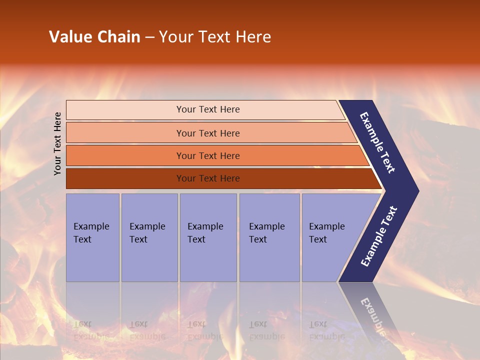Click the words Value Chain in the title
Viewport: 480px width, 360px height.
coord(94,37)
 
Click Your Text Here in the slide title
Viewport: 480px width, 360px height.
coord(215,37)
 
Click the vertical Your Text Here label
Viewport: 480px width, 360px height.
coord(58,143)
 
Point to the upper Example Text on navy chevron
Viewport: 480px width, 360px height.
coord(377,142)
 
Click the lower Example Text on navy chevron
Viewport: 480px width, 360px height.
coord(378,236)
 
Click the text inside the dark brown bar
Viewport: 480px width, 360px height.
coord(208,178)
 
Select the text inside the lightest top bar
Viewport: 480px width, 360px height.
coord(208,109)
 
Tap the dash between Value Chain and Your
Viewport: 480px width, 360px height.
coord(149,37)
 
